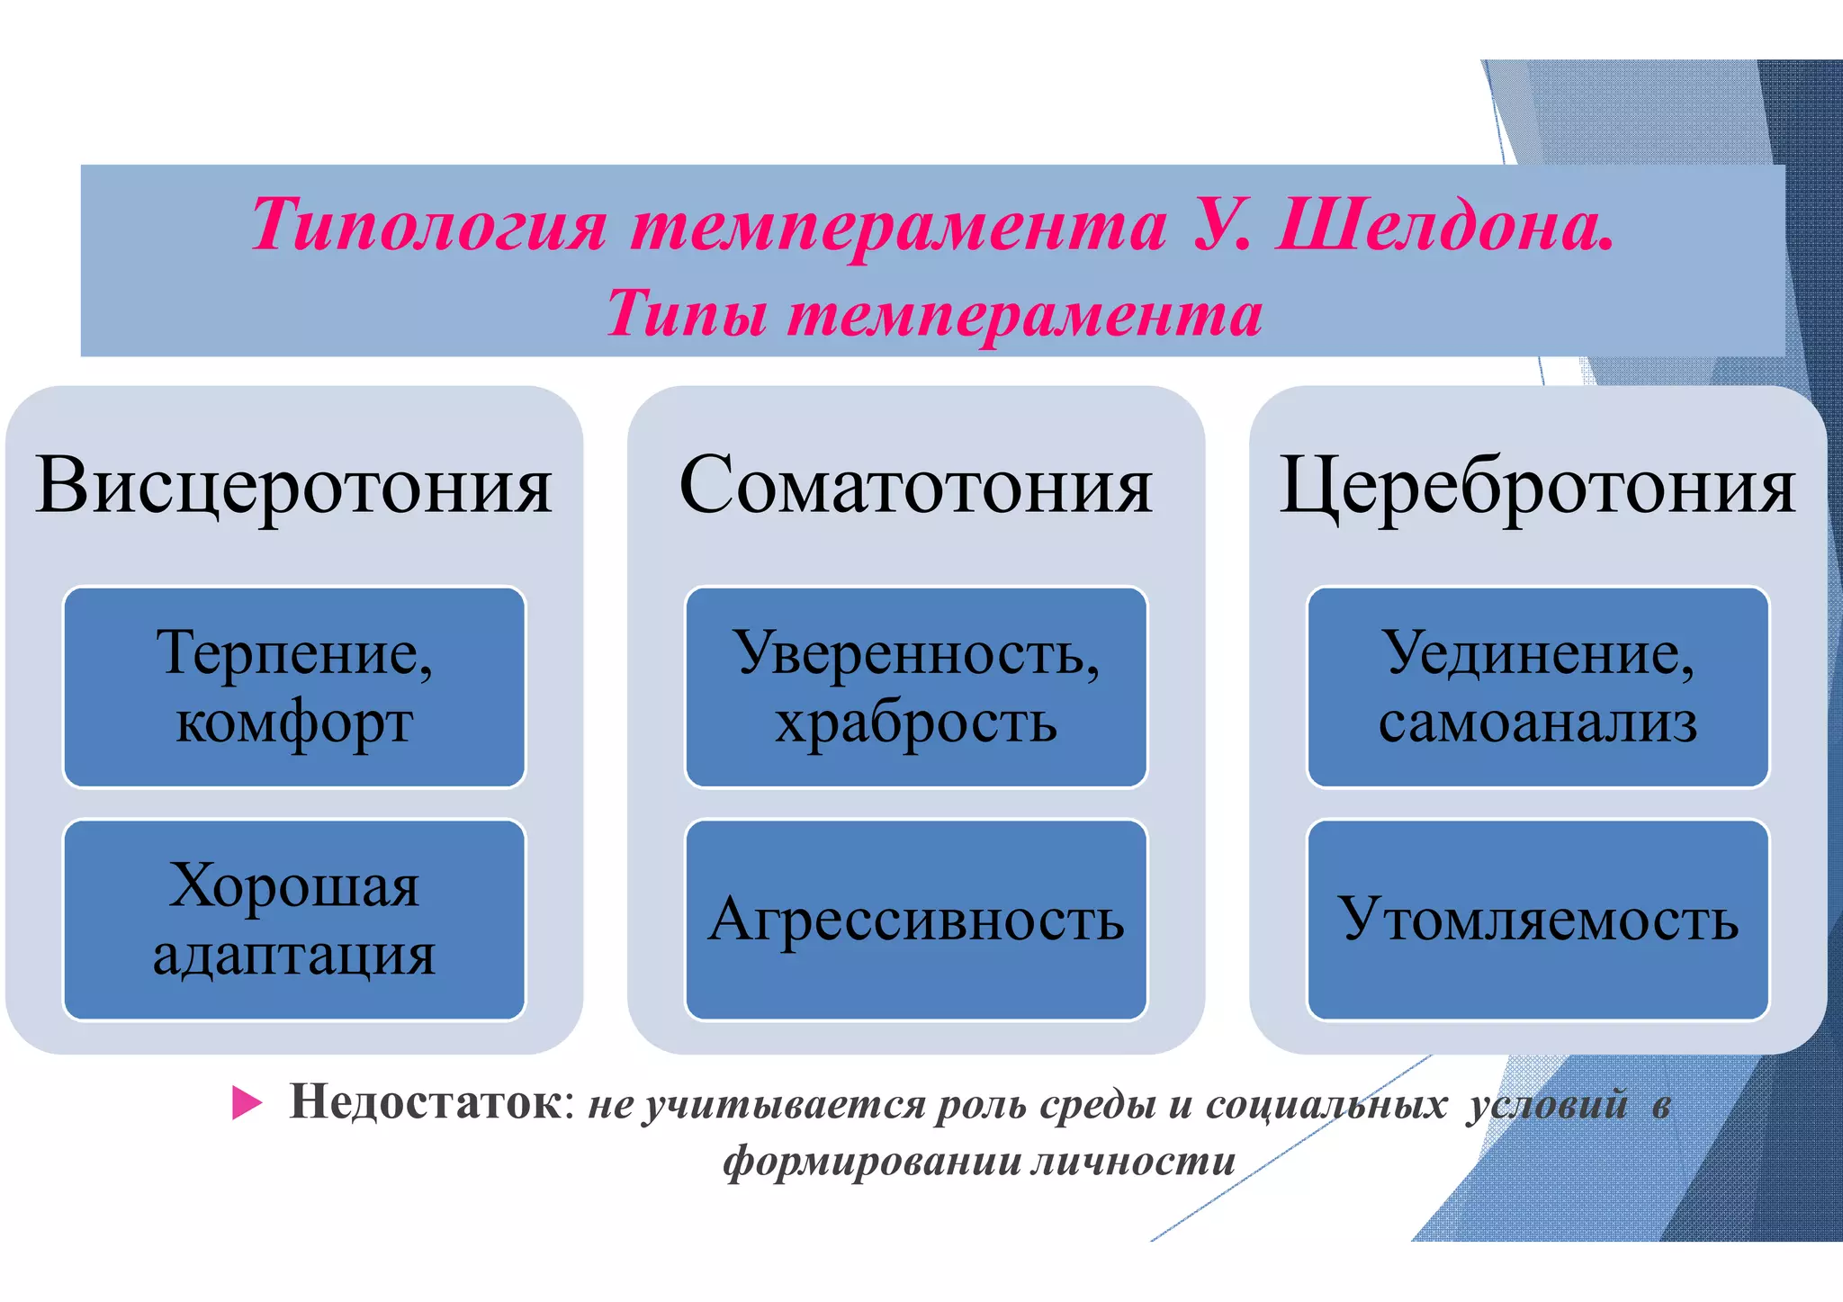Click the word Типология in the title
(x=428, y=225)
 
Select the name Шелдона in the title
(x=1443, y=225)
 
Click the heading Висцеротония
(x=294, y=486)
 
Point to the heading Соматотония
(x=915, y=486)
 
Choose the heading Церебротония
(x=1537, y=486)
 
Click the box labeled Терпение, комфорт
(x=294, y=687)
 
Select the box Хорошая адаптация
(x=294, y=920)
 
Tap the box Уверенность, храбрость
(x=916, y=687)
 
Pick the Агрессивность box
(x=916, y=920)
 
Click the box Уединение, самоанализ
(x=1538, y=687)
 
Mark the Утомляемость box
(x=1538, y=920)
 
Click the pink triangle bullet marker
(x=246, y=1103)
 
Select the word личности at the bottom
(x=1133, y=1161)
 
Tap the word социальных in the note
(x=1326, y=1105)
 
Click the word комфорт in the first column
(x=294, y=723)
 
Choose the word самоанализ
(x=1538, y=723)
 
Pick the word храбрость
(x=916, y=723)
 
